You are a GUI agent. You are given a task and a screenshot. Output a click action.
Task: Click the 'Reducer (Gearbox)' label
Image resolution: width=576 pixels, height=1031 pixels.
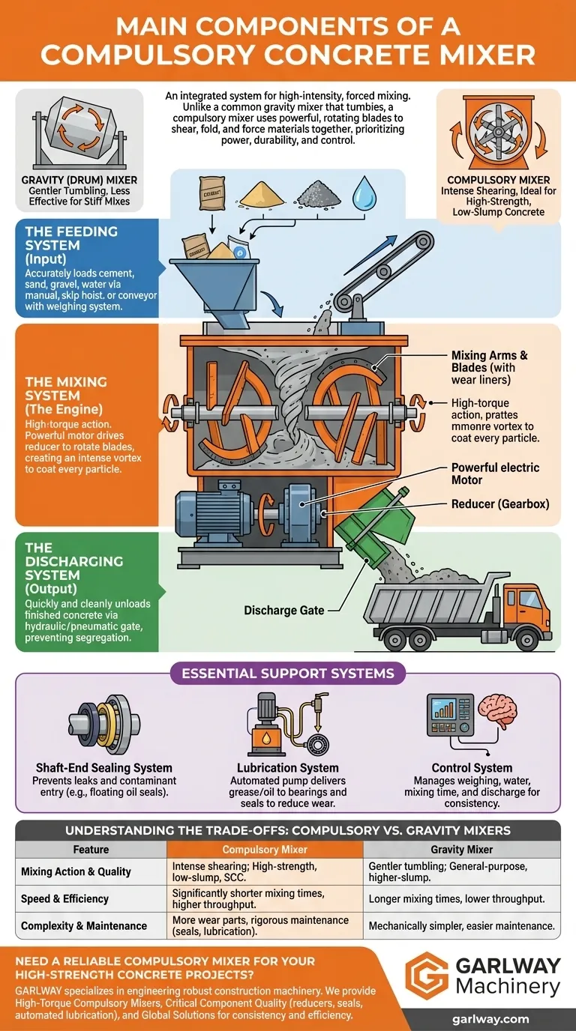499,504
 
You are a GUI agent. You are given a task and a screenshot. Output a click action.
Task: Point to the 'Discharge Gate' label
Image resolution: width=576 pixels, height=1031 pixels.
284,610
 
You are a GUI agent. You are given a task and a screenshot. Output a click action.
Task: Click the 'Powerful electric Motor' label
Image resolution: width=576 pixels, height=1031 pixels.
495,474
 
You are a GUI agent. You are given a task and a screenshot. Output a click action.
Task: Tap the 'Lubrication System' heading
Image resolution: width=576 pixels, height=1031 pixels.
287,767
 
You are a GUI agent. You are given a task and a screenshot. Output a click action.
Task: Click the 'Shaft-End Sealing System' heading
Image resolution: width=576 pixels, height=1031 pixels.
104,767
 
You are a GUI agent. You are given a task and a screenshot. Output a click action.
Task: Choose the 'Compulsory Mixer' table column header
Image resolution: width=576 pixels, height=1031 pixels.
264,850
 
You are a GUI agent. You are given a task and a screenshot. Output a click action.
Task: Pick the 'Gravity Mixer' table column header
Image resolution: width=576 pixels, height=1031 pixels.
462,850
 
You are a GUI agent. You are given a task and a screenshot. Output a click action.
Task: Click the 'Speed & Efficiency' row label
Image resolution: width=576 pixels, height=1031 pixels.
65,898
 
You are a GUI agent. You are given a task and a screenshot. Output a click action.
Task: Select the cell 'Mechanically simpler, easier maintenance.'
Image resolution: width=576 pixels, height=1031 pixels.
461,925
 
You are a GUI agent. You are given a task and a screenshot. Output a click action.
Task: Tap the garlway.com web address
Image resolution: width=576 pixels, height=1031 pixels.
490,1019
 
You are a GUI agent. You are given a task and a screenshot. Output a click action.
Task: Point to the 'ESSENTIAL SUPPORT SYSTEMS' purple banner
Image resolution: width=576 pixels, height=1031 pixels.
287,673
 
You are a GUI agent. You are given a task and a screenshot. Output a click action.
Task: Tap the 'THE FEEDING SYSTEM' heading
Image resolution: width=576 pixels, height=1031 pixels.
72,238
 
